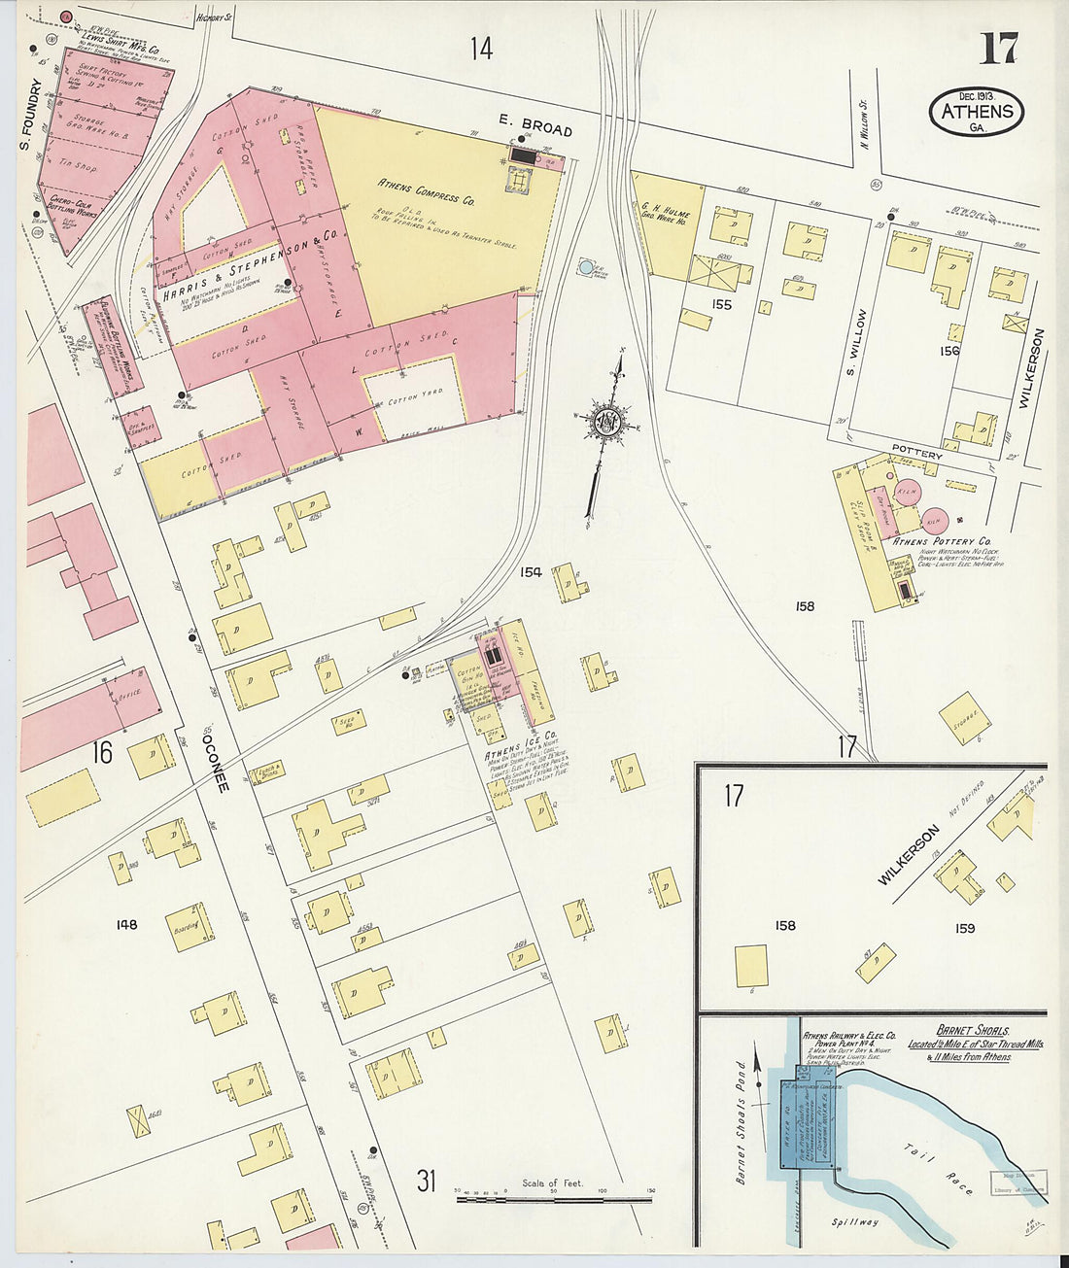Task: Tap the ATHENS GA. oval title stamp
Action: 977,112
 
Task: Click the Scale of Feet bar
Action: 554,1198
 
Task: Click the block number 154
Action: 531,572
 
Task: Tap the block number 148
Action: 126,924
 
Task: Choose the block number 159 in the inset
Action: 964,928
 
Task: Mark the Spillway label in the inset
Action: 854,1221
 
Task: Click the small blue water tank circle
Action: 586,266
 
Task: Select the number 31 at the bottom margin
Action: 426,1182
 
